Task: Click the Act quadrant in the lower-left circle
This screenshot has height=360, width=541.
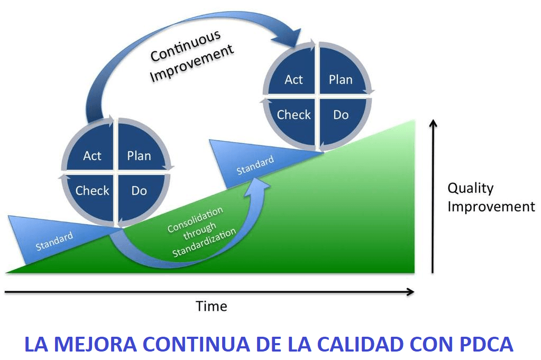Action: [92, 155]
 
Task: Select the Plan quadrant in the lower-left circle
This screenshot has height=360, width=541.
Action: [139, 155]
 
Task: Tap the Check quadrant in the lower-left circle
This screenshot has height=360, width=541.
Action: [92, 190]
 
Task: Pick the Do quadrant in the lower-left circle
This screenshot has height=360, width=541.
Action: [139, 190]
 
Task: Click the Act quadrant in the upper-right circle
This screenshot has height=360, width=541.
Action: [294, 80]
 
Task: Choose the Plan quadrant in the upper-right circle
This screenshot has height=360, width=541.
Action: [341, 80]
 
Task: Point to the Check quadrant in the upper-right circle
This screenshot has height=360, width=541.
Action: [294, 114]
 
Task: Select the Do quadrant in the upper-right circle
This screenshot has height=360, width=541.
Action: [341, 114]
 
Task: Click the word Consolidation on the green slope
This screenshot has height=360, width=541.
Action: [195, 219]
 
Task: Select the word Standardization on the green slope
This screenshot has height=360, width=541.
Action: [204, 244]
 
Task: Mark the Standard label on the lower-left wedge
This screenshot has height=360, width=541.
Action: [54, 242]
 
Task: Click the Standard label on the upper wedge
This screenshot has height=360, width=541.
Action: [255, 165]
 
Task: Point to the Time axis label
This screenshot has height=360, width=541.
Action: [212, 306]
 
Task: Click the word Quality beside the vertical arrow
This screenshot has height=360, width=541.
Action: [470, 188]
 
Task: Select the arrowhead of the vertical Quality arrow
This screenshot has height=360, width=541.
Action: [433, 124]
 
